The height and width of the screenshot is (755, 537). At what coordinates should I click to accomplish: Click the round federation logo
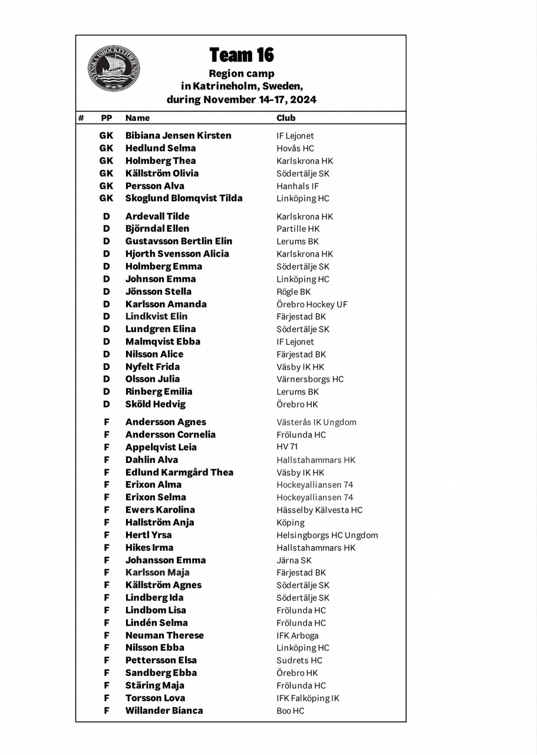[x=114, y=68]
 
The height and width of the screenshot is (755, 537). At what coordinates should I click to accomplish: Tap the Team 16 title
[x=242, y=55]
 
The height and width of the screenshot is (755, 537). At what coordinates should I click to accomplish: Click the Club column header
[x=286, y=118]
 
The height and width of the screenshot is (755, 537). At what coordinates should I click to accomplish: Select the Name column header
[x=137, y=118]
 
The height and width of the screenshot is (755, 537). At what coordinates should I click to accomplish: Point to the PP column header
[x=106, y=118]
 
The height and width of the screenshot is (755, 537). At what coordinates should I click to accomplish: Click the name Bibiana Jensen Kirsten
[x=178, y=136]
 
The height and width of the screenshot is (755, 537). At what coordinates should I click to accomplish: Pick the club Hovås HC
[x=295, y=149]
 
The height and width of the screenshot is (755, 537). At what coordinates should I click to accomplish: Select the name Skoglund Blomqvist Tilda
[x=183, y=198]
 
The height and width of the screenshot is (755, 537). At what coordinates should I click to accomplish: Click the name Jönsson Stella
[x=158, y=291]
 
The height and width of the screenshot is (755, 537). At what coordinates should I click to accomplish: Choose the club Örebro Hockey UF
[x=312, y=304]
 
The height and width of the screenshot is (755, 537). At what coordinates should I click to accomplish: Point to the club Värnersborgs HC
[x=310, y=379]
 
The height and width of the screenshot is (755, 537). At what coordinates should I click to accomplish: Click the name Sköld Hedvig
[x=155, y=404]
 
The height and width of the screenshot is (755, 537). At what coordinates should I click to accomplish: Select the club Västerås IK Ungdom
[x=316, y=422]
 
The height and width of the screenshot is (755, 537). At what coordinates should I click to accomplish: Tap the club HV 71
[x=287, y=447]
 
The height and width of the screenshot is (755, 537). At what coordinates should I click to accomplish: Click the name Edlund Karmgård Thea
[x=179, y=472]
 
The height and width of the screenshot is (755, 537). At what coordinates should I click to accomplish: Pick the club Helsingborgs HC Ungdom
[x=327, y=536]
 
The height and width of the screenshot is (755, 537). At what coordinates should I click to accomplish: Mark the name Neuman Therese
[x=164, y=635]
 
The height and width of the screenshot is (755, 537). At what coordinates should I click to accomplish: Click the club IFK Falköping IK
[x=308, y=698]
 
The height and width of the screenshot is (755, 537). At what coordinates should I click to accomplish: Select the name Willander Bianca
[x=164, y=711]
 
